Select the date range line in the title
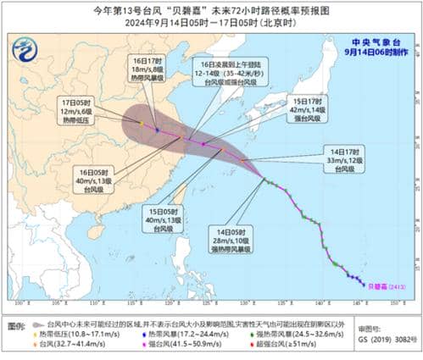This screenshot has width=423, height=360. (211, 21)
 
